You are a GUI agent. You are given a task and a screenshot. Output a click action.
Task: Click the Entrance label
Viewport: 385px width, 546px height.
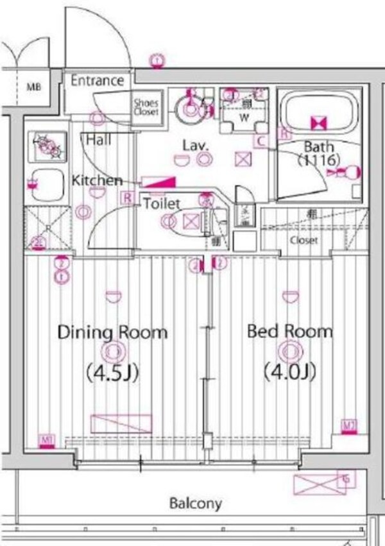97,81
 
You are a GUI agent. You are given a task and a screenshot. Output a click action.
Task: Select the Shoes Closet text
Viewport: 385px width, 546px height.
147,107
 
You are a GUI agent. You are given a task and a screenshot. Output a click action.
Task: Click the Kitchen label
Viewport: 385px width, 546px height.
97,180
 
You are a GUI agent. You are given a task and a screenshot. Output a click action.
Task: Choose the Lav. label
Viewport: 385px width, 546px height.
194,145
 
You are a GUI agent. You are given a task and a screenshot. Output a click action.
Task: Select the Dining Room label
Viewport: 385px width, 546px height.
112,332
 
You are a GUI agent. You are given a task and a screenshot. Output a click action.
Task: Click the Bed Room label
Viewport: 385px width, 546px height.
290,332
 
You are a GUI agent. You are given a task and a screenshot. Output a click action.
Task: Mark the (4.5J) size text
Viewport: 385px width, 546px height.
113,372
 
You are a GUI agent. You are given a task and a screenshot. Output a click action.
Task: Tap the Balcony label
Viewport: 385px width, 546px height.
196,503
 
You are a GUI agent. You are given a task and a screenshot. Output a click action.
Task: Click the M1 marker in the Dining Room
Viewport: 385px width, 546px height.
46,440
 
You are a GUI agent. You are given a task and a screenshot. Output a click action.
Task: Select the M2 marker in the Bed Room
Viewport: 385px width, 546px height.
348,425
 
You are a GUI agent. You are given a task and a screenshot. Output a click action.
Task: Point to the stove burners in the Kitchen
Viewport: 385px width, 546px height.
47,147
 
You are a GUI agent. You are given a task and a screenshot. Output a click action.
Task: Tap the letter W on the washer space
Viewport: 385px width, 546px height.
244,117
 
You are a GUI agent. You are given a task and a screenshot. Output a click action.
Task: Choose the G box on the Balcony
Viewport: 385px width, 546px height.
346,479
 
